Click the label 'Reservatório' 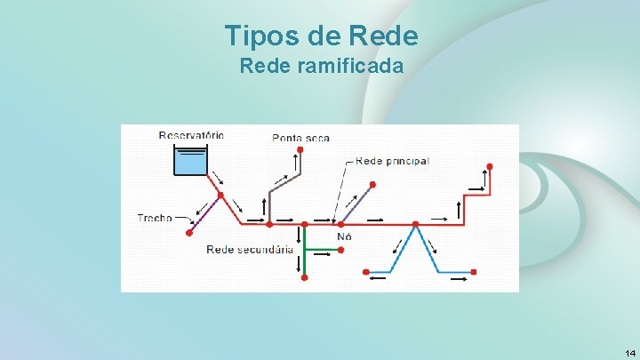click(x=191, y=136)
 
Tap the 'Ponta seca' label click(x=300, y=138)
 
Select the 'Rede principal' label click(x=392, y=161)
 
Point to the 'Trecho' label click(x=155, y=218)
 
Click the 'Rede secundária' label click(x=250, y=250)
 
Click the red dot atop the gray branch click(x=300, y=150)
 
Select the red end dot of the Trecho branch click(x=189, y=233)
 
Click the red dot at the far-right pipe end click(x=488, y=166)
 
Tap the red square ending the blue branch click(x=474, y=271)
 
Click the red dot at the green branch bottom click(x=304, y=277)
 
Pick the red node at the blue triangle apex click(x=415, y=224)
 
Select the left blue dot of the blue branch click(x=365, y=271)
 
